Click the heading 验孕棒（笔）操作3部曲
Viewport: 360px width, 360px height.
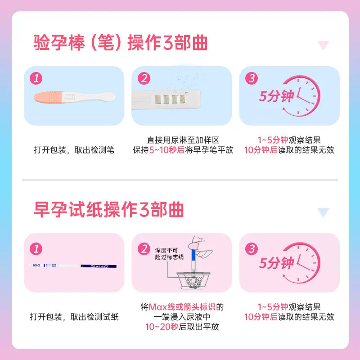pos(121,44)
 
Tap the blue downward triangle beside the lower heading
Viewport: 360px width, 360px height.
pos(323,212)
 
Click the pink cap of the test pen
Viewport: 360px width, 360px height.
pos(48,97)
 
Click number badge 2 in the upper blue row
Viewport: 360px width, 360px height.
pos(144,79)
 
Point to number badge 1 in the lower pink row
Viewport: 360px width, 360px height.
pos(36,248)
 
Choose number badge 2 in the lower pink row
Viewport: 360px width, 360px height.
pos(144,248)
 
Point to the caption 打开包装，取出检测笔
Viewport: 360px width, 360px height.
pos(74,150)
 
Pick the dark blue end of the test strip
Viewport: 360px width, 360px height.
pos(101,266)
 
